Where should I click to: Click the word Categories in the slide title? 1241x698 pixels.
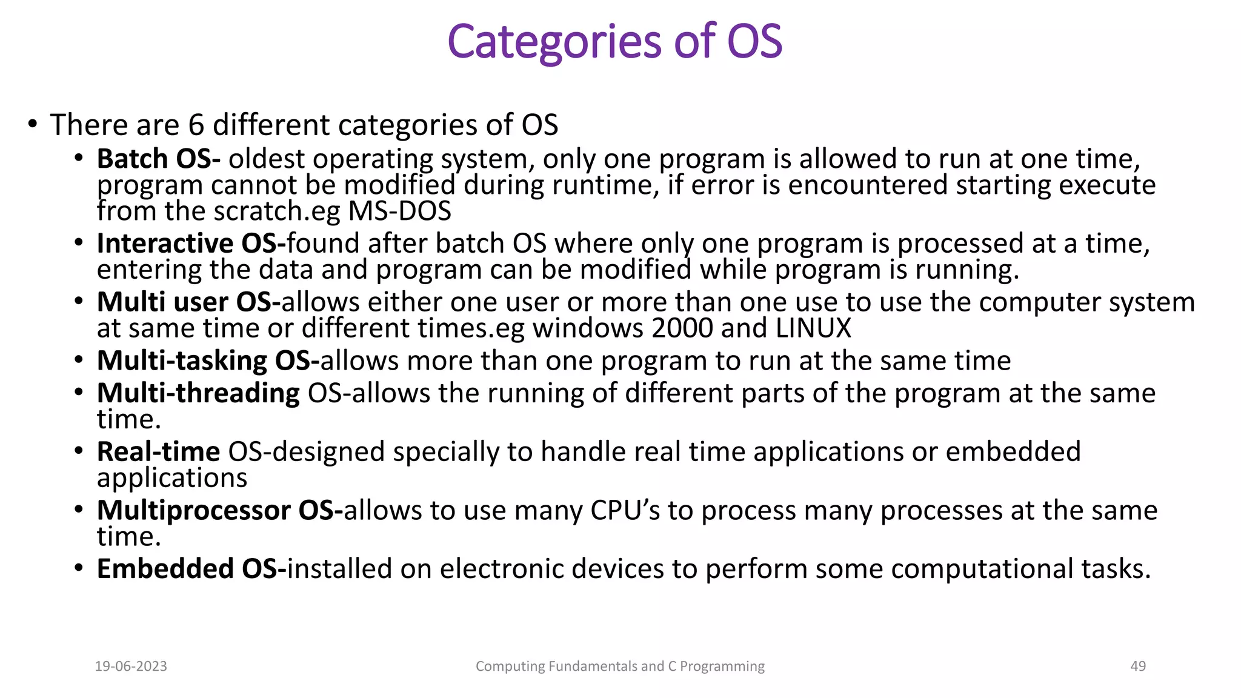coord(554,42)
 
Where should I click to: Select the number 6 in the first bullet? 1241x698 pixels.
coord(196,125)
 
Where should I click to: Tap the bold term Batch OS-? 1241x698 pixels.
coord(158,159)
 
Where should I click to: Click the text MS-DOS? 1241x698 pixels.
coord(399,211)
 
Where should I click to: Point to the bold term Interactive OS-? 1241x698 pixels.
coord(191,244)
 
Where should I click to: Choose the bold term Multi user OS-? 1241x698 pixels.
coord(188,302)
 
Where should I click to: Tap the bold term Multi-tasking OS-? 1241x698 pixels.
coord(208,361)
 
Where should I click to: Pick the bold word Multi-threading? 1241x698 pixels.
coord(198,394)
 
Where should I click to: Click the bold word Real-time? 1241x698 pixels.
coord(158,452)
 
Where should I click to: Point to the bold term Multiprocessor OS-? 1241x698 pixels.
coord(219,511)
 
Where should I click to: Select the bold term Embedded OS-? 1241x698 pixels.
coord(191,570)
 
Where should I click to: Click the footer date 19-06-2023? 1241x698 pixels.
coord(131,666)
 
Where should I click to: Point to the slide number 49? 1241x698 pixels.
coord(1138,666)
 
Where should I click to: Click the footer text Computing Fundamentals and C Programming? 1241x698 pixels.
coord(620,666)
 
